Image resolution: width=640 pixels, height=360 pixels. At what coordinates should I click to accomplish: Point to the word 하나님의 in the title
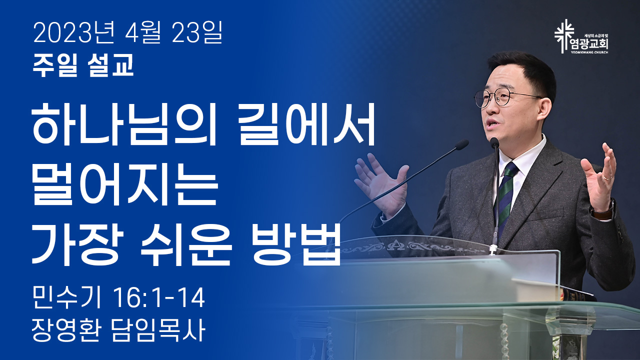pyautogui.click(x=124, y=125)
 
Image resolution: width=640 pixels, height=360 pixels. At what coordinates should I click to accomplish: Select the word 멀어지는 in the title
pyautogui.click(x=124, y=185)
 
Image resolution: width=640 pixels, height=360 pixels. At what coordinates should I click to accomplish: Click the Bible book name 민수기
pyautogui.click(x=67, y=298)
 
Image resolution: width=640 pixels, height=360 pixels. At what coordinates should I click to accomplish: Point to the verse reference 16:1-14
pyautogui.click(x=159, y=298)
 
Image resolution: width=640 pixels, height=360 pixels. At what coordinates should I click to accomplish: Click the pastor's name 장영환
pyautogui.click(x=66, y=329)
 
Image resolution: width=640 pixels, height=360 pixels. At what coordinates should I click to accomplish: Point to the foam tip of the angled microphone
pyautogui.click(x=461, y=144)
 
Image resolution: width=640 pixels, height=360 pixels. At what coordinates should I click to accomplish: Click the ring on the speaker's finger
pyautogui.click(x=607, y=177)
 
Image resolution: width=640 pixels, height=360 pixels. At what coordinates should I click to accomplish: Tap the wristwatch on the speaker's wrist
pyautogui.click(x=602, y=211)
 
